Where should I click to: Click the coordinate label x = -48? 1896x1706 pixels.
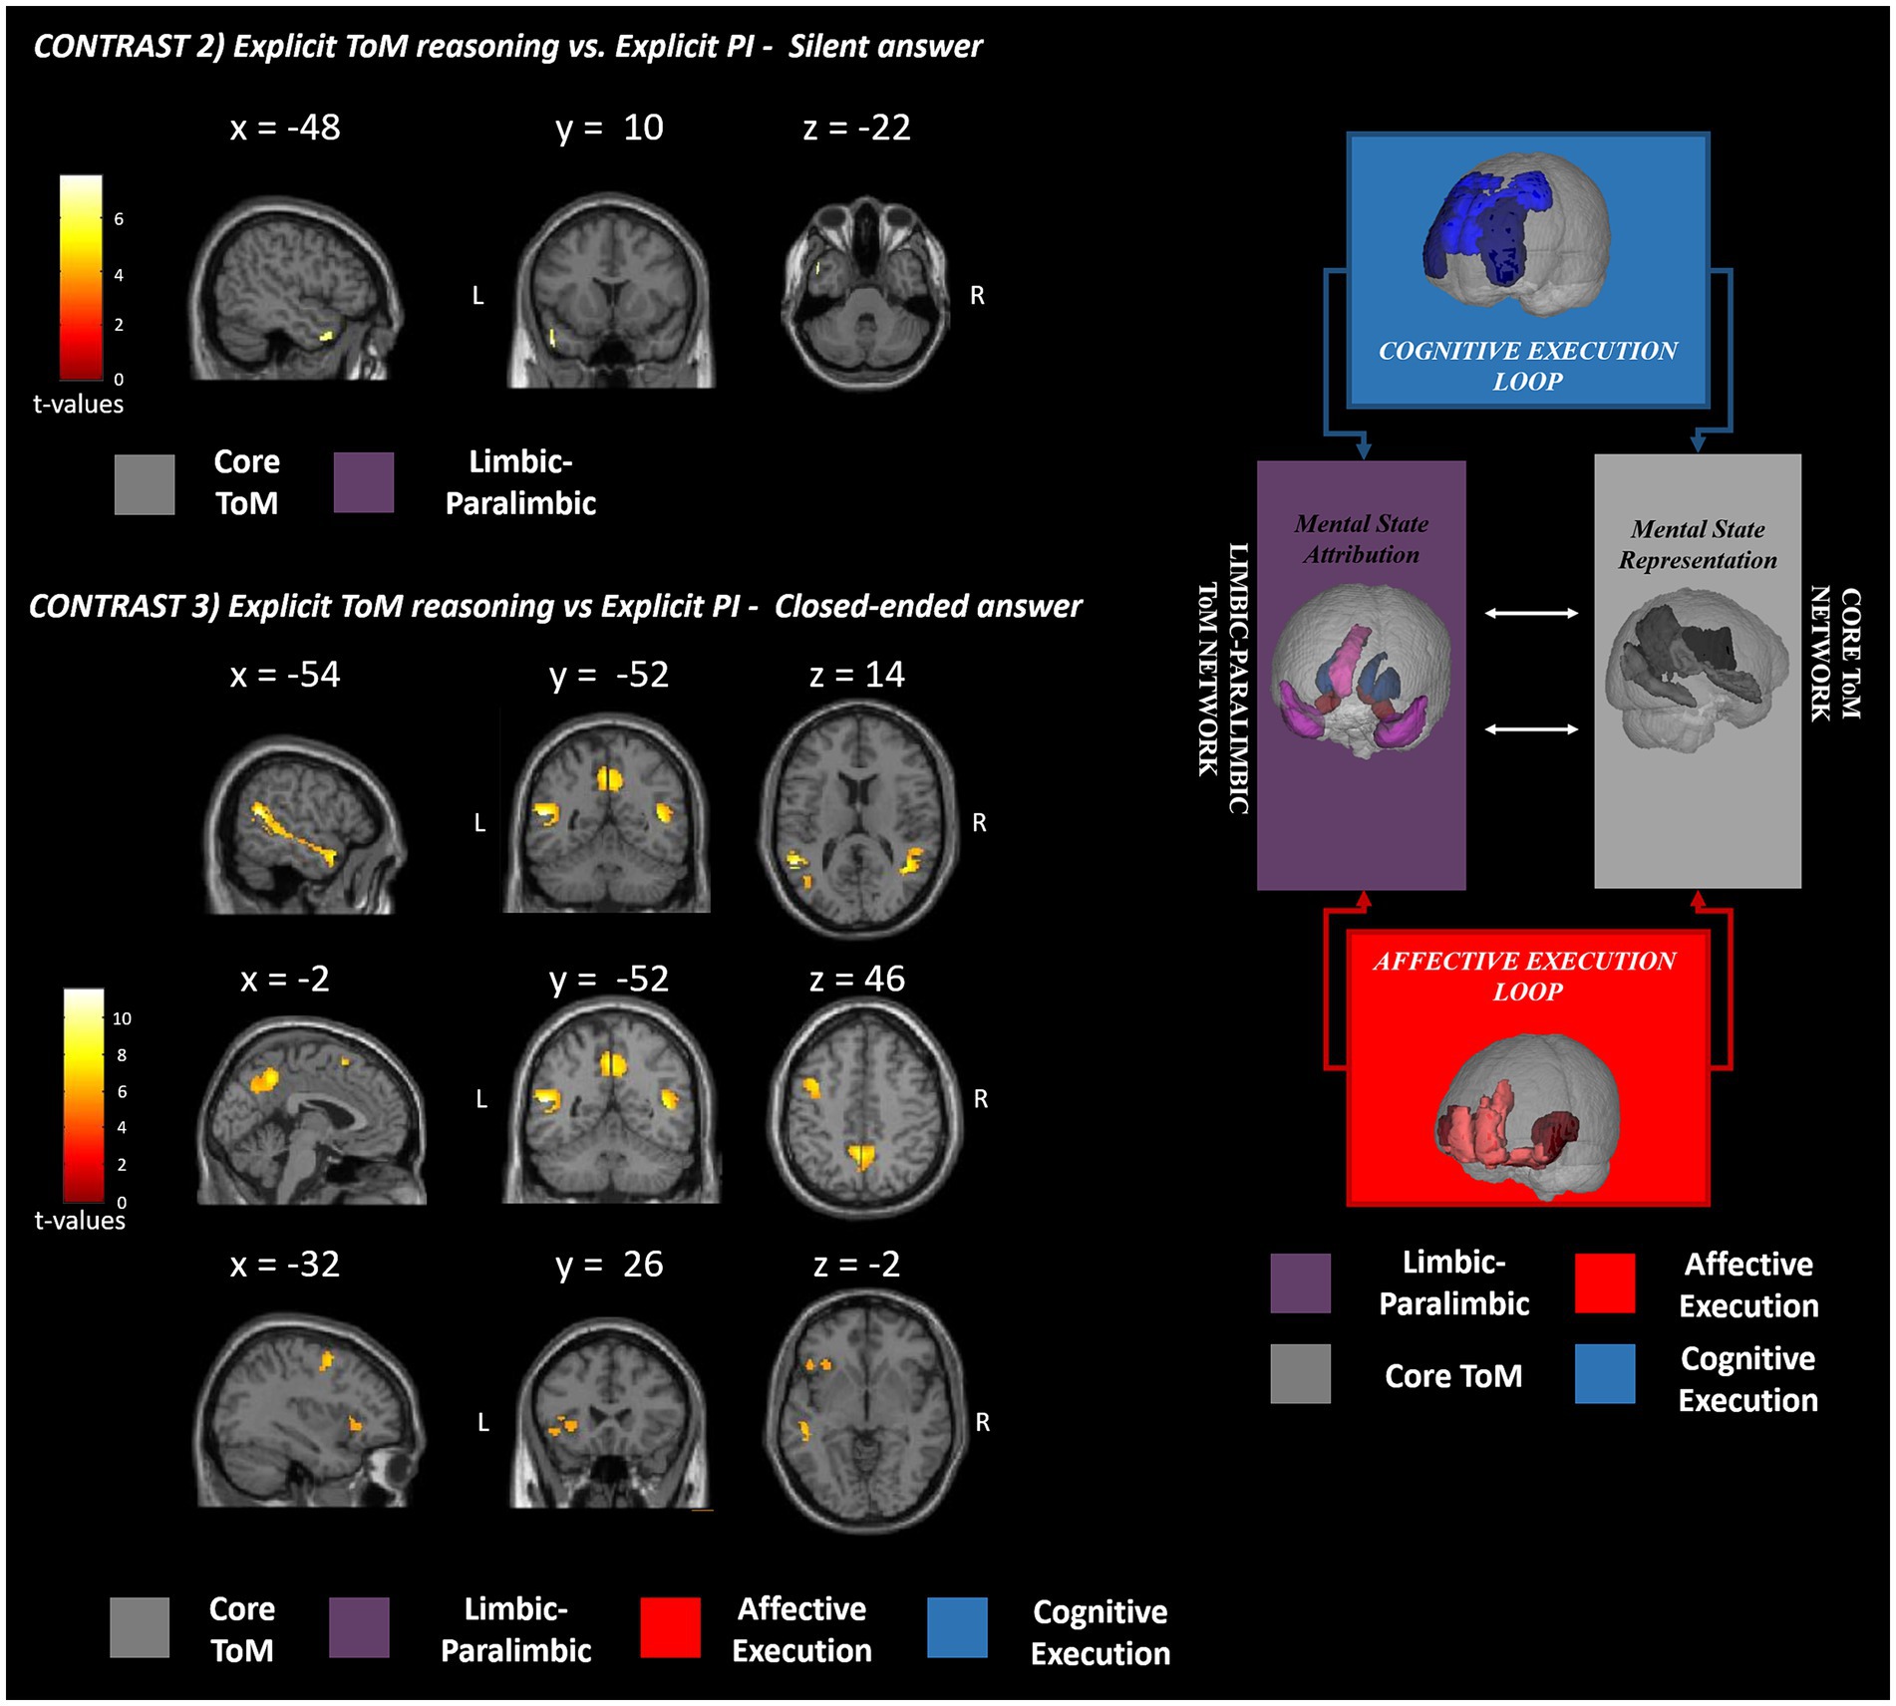(284, 128)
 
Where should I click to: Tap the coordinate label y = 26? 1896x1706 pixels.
(608, 1265)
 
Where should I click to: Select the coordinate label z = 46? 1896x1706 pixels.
(856, 979)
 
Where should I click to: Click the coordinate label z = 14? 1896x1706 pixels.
(856, 675)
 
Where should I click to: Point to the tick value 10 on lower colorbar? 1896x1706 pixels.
(122, 1018)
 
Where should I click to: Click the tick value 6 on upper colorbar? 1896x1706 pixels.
(119, 219)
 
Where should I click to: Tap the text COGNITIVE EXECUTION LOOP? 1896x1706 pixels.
(1527, 366)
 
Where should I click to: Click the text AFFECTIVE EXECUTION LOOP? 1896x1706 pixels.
(1525, 976)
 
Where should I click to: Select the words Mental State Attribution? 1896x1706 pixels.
(1361, 539)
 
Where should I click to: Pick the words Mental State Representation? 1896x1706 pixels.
(1697, 544)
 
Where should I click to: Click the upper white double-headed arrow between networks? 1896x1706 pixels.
(1531, 613)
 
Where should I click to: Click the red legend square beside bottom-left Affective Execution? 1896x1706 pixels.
(670, 1628)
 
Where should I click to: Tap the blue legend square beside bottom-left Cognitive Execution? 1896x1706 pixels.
(957, 1628)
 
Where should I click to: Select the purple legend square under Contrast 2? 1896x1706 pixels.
(363, 483)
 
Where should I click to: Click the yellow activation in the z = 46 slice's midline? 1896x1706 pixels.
(860, 1156)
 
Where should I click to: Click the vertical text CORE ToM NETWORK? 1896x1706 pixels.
(1834, 654)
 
